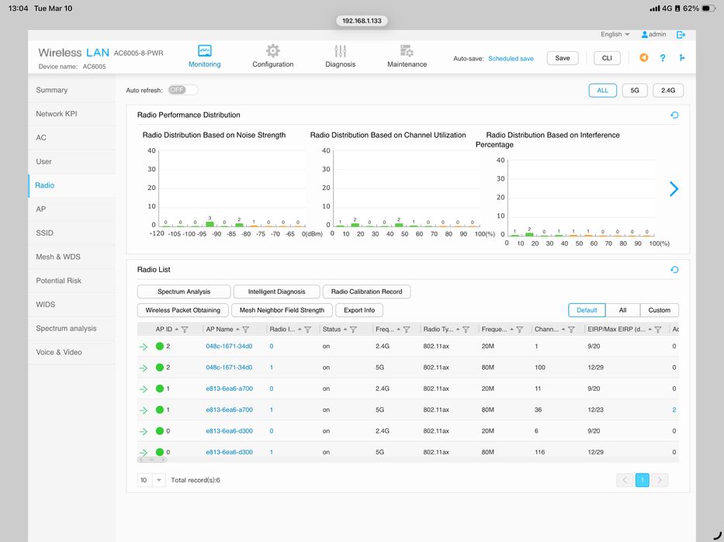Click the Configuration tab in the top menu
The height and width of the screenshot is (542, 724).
coord(272,56)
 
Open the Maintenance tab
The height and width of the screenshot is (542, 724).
coord(407,56)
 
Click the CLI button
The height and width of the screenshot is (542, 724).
coord(607,58)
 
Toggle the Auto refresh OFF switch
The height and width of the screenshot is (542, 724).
coord(182,90)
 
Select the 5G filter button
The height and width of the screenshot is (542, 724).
coord(634,90)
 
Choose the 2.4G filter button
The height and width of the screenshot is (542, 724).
coord(667,90)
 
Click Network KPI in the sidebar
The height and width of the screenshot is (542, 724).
coord(57,114)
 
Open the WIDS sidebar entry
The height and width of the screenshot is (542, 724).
coord(46,305)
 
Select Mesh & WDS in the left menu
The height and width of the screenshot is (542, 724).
coord(58,257)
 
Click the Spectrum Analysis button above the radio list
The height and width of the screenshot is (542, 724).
coord(184,292)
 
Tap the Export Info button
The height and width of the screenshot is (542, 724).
coord(359,310)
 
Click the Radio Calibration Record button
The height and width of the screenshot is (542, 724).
coord(366,292)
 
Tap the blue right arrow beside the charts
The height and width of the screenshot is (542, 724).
coord(674,188)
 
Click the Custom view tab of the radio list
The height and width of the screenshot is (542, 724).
coord(659,310)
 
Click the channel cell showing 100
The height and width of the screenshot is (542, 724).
coord(541,368)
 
